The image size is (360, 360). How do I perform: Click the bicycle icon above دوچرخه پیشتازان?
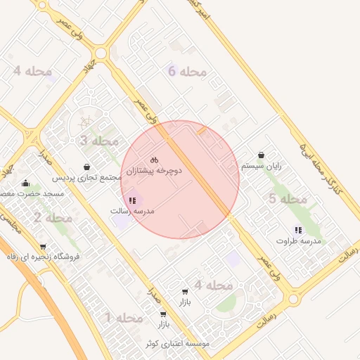point(154,160)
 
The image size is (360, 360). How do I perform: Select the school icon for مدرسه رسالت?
point(132,200)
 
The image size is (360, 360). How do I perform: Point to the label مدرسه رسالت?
point(132,211)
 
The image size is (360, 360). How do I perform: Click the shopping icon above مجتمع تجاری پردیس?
point(86,167)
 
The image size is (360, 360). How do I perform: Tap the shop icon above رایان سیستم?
point(262,155)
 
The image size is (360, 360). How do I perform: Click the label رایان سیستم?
point(262,166)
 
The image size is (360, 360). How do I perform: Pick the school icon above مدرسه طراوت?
point(298,230)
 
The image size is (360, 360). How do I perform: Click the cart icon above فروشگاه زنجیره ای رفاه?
point(43,247)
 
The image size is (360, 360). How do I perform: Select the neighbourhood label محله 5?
point(288,199)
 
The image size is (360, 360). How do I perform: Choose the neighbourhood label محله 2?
point(52,218)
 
